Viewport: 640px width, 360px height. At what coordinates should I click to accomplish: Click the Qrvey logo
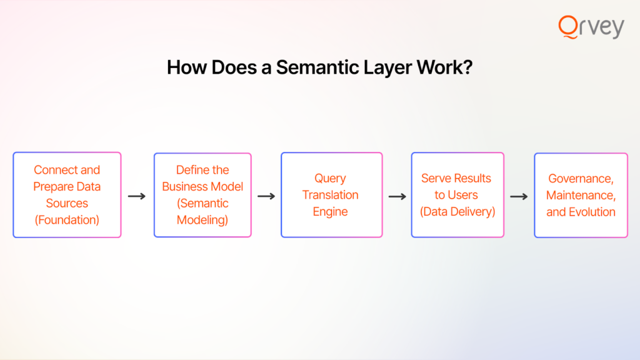[591, 27]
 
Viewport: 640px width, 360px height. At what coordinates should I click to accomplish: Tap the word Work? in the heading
[444, 67]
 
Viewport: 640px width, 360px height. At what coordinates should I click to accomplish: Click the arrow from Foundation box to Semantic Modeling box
[137, 196]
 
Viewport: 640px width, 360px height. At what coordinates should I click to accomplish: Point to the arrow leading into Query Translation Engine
[266, 196]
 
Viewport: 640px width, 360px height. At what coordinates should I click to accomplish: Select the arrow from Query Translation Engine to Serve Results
[397, 197]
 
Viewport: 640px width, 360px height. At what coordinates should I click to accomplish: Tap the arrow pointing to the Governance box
[519, 197]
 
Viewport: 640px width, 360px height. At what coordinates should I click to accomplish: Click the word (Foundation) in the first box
[67, 220]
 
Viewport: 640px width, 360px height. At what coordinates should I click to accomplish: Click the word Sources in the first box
[67, 203]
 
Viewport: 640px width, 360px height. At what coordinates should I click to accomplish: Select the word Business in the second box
[182, 186]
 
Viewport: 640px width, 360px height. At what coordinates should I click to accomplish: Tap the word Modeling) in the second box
[202, 221]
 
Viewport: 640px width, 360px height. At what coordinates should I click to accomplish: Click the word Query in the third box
[330, 179]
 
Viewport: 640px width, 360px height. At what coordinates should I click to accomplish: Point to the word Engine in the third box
[330, 212]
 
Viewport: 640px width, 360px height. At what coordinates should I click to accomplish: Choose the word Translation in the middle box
[330, 195]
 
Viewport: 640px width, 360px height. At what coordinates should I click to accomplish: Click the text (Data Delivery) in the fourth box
[457, 212]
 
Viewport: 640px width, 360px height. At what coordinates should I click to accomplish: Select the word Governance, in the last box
[581, 179]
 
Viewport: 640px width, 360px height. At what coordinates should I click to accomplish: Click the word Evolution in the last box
[592, 212]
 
